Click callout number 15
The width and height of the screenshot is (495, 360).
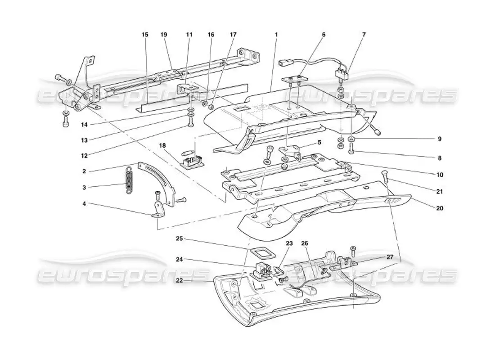[x=145, y=34]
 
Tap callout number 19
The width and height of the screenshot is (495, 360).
[x=164, y=34]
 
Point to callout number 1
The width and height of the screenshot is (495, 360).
[x=276, y=34]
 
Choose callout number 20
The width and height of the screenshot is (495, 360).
[x=440, y=208]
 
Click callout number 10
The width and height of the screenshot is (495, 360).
[x=440, y=174]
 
